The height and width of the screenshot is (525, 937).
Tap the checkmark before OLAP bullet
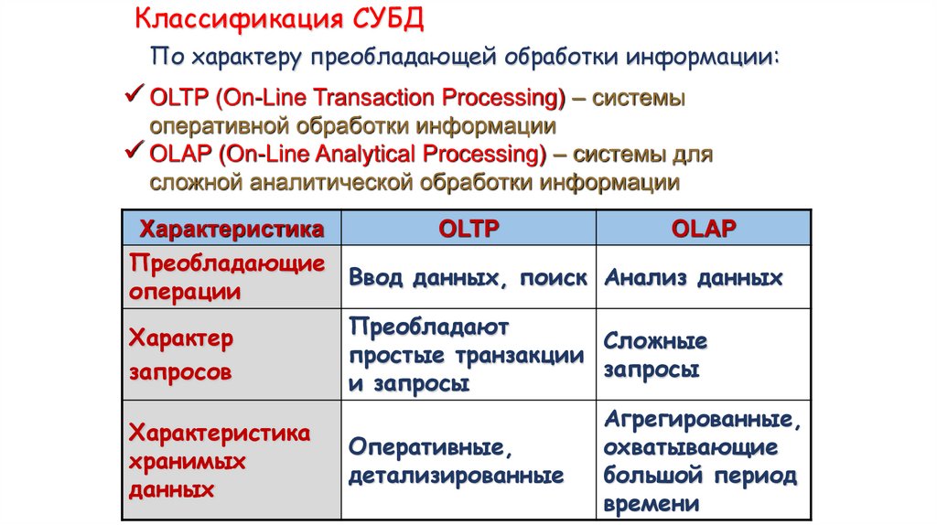[x=134, y=151]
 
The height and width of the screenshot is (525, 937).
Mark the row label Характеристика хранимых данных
[x=219, y=460]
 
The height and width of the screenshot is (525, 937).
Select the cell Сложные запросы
[x=655, y=356]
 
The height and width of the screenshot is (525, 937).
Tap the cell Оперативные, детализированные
[x=455, y=462]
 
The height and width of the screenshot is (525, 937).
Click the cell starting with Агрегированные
[x=701, y=462]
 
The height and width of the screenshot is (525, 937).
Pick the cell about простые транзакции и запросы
[x=466, y=355]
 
